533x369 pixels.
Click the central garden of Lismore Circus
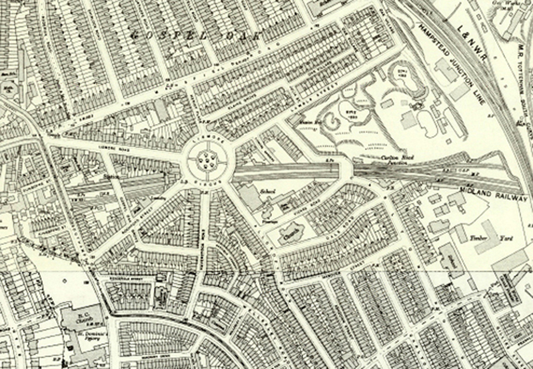pos(206,160)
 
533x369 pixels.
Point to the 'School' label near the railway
pos(268,190)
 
